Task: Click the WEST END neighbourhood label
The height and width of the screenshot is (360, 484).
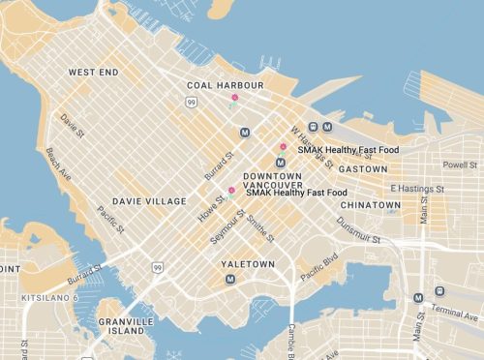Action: (x=93, y=73)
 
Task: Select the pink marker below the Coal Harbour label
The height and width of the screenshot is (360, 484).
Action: (x=234, y=97)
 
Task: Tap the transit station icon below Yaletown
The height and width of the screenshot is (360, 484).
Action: (x=230, y=280)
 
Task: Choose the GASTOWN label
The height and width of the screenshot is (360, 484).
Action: (x=363, y=168)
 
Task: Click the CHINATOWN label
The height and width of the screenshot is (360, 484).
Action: (x=371, y=205)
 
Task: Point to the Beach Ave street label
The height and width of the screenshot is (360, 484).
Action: (x=57, y=165)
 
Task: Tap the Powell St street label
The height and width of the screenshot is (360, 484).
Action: (x=460, y=165)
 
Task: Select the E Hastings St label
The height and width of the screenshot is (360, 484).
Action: (x=416, y=189)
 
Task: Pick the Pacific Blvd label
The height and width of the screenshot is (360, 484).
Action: (x=318, y=267)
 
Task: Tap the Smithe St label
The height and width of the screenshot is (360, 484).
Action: (x=259, y=230)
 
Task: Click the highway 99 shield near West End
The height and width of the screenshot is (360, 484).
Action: (x=193, y=102)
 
